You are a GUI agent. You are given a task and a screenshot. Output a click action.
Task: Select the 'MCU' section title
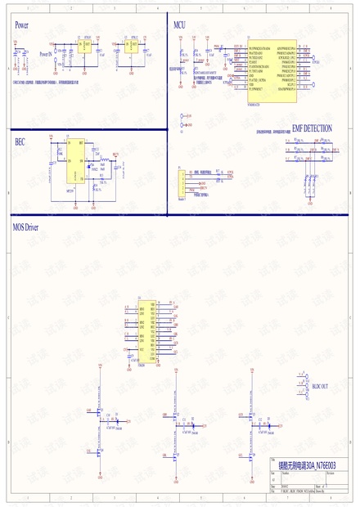(x=180, y=25)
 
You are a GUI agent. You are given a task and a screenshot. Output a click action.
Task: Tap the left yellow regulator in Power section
(x=83, y=47)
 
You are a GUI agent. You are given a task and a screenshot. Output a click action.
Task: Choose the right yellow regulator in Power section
(x=129, y=47)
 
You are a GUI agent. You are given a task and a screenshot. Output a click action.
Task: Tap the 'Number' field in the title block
(x=287, y=473)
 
